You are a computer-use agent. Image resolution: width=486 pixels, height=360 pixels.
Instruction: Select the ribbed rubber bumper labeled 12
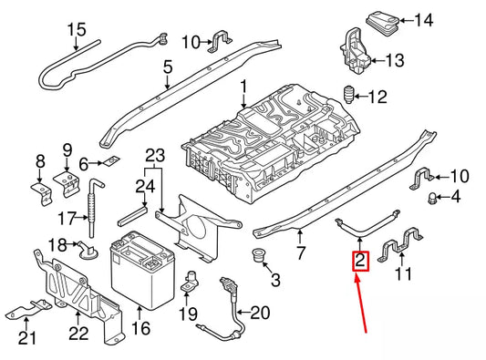[x=348, y=96]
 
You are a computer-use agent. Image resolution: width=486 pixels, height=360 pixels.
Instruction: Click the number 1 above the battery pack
[x=244, y=89]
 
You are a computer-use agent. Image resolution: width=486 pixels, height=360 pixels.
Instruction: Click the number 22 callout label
[x=80, y=334]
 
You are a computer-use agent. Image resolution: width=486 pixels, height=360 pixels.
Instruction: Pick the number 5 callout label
[x=167, y=67]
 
